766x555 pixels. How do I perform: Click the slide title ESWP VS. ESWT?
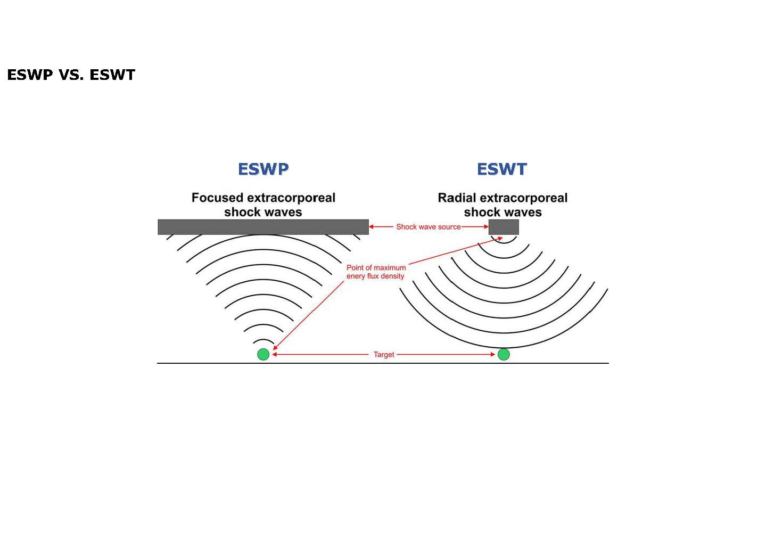pyautogui.click(x=71, y=75)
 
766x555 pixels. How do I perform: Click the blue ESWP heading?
pyautogui.click(x=263, y=169)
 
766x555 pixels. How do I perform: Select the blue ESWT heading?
pyautogui.click(x=501, y=169)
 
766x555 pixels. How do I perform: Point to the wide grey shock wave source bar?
pyautogui.click(x=263, y=227)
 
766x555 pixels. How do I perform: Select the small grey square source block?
pyautogui.click(x=504, y=227)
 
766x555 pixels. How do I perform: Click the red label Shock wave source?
pyautogui.click(x=428, y=227)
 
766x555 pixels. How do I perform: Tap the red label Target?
pyautogui.click(x=384, y=354)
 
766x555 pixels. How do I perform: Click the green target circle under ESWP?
pyautogui.click(x=263, y=354)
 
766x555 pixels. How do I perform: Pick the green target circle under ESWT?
pyautogui.click(x=504, y=354)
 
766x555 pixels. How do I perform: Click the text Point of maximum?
pyautogui.click(x=376, y=267)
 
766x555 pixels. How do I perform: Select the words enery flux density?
pyautogui.click(x=375, y=276)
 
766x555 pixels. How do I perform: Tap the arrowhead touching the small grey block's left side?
pyautogui.click(x=485, y=227)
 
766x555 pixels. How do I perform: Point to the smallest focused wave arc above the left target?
pyautogui.click(x=263, y=340)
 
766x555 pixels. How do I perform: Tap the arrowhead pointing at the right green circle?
pyautogui.click(x=492, y=354)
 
